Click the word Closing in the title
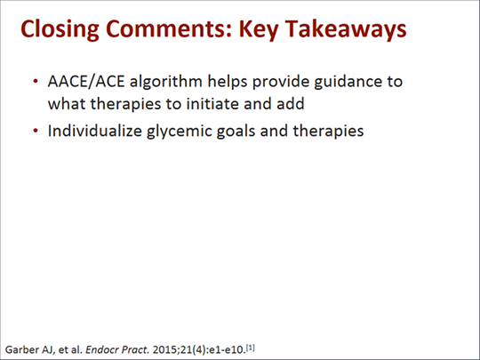(x=58, y=28)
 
